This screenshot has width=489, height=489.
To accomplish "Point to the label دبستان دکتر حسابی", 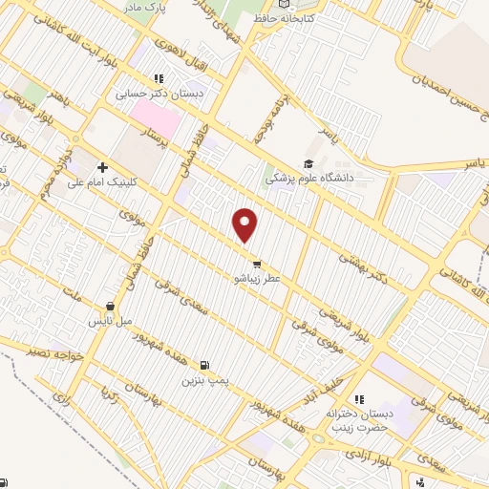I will pos(151,95).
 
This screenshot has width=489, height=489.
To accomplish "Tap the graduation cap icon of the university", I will pos(308,164).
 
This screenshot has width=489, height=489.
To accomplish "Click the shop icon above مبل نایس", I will pos(112,308).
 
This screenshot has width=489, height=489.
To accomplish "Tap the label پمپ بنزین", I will pos(203,379).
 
